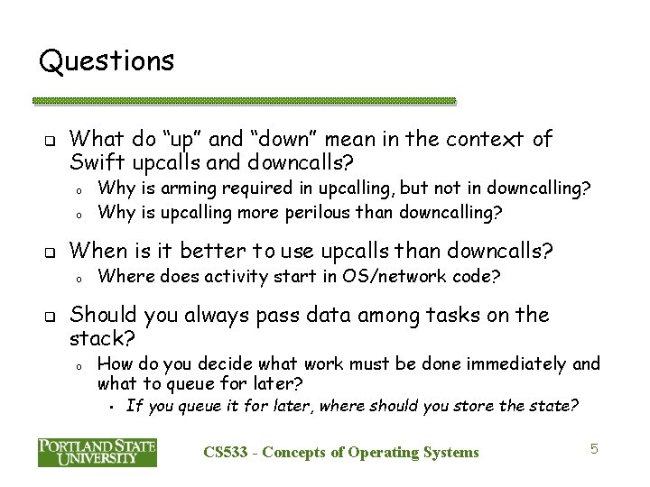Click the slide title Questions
107,61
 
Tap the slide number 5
593,447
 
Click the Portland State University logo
97,452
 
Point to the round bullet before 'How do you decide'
80,365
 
